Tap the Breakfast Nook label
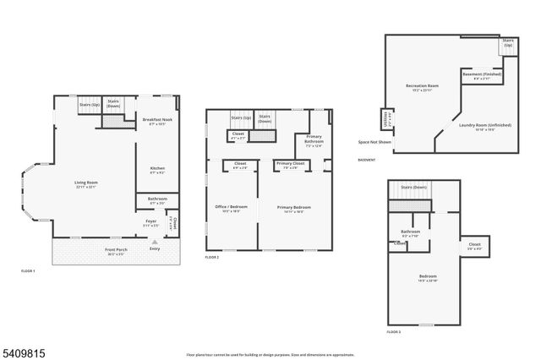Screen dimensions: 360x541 tap(157, 121)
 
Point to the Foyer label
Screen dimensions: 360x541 tap(150, 223)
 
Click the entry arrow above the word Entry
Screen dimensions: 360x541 tap(154, 241)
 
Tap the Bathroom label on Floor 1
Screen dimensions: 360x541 tap(157, 200)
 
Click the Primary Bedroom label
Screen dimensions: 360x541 tap(294, 208)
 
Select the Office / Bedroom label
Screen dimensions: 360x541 tap(232, 208)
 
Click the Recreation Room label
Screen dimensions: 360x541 tap(420, 86)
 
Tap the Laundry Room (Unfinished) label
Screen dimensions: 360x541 tap(485, 126)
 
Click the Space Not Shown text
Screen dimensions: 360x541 tap(374, 142)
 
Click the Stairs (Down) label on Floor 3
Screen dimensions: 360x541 tap(413, 187)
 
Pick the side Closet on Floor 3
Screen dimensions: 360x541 tap(474, 246)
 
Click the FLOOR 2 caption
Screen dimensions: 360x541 tap(211, 256)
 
